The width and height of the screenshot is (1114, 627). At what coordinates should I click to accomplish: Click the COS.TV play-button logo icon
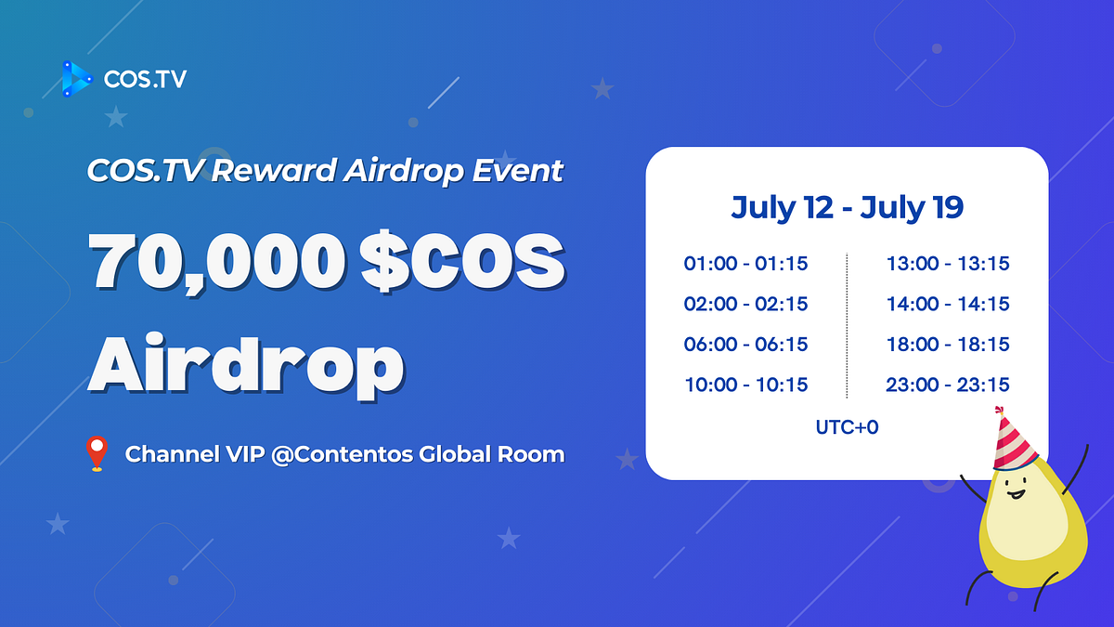click(x=77, y=79)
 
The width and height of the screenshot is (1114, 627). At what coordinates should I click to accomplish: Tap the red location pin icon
click(x=97, y=453)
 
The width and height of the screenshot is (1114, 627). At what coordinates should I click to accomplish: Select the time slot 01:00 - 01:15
click(x=745, y=264)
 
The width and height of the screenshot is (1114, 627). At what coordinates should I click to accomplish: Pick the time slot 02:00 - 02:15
click(x=745, y=304)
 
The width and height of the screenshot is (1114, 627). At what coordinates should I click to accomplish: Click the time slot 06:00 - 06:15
click(x=745, y=345)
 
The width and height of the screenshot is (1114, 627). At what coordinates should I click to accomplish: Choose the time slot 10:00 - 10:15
click(x=746, y=385)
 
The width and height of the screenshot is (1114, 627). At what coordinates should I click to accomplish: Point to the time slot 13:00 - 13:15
click(x=948, y=264)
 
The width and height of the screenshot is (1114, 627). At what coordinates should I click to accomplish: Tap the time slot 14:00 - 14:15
click(x=948, y=304)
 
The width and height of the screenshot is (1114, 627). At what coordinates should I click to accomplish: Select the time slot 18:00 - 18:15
click(x=948, y=345)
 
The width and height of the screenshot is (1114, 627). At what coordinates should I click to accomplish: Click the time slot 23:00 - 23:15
click(x=948, y=385)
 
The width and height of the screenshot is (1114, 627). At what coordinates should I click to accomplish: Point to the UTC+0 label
click(x=847, y=427)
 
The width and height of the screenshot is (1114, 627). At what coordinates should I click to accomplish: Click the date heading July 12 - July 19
click(x=847, y=208)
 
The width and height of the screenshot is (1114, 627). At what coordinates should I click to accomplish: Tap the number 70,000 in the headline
click(x=217, y=262)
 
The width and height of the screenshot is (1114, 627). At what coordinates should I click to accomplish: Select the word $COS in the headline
click(x=463, y=261)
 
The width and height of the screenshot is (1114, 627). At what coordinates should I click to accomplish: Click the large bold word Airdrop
click(x=246, y=366)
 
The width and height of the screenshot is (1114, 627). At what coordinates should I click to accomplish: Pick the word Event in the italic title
click(x=518, y=171)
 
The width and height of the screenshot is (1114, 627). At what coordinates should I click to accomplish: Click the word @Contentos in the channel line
click(x=343, y=454)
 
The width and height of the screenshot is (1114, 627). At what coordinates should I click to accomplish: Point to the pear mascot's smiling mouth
click(x=1016, y=494)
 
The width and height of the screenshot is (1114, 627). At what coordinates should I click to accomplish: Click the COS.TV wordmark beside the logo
click(x=145, y=79)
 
